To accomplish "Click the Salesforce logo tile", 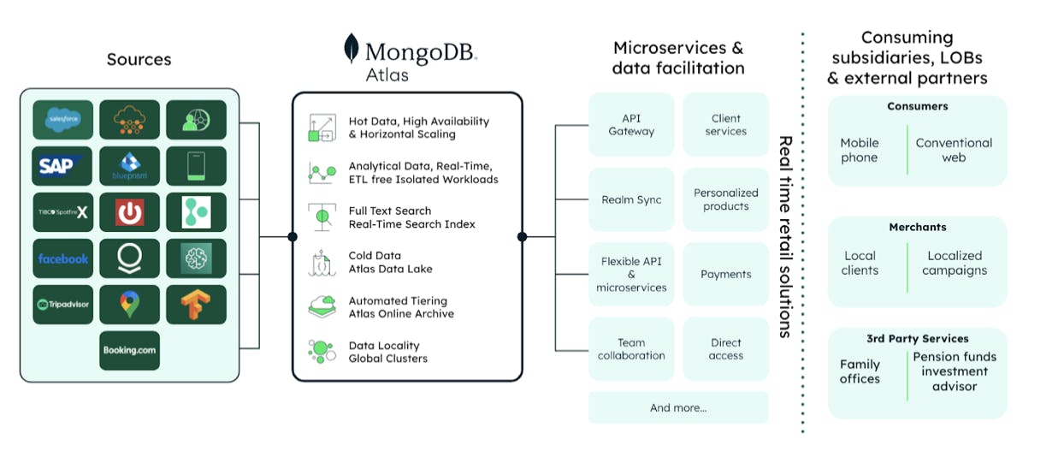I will [63, 120].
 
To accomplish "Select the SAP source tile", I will [63, 166].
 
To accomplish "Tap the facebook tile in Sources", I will [63, 258].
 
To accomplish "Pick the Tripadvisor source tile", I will [63, 305].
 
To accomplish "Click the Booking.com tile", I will [129, 351].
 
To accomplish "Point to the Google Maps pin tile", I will [129, 305].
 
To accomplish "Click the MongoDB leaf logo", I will [352, 49].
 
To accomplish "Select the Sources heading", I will [139, 60].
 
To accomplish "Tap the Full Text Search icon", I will [322, 217].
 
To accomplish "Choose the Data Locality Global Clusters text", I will [387, 352].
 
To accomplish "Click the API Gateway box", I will [631, 125].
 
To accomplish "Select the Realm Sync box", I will [631, 199].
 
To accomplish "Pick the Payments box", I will [725, 274].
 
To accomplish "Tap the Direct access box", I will [725, 349].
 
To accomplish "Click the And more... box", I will [678, 408].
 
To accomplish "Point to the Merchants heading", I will [917, 228].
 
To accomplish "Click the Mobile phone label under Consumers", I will [860, 151].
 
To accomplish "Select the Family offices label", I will [860, 371].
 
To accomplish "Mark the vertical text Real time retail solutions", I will [784, 236].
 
